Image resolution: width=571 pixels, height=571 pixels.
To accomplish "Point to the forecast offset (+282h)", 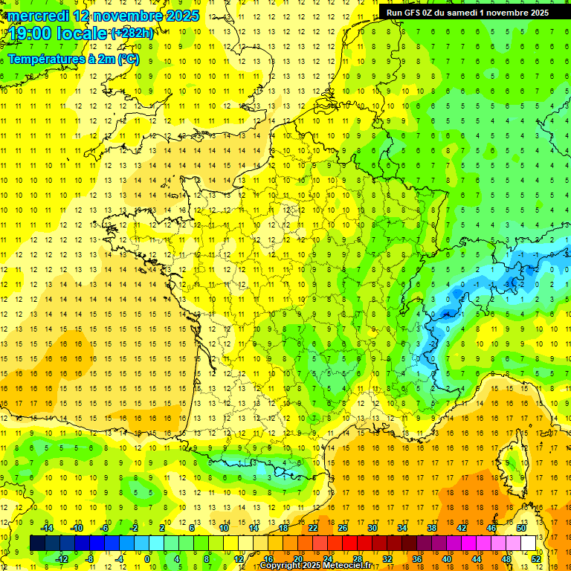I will point(132,33).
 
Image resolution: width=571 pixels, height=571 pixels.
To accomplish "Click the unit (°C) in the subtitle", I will point(128,59).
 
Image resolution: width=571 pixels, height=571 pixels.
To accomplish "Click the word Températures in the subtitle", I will point(45,59).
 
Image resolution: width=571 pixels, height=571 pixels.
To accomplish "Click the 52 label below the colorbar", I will point(536,558).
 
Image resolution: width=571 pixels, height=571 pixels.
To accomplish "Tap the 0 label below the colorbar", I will point(146,558).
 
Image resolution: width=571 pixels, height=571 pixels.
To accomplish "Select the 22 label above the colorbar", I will point(313,528).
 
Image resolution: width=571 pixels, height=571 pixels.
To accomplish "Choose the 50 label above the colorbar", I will point(521,528).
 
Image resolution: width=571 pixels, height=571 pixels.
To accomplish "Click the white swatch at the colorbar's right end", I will point(529,543).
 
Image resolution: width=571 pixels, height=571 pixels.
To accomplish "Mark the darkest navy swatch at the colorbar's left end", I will point(37,543).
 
